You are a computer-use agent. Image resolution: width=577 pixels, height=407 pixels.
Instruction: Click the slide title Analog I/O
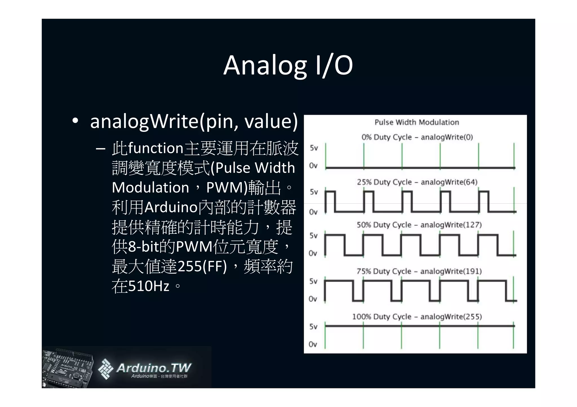point(288,65)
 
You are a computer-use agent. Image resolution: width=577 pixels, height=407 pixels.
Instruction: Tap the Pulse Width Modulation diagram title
point(416,122)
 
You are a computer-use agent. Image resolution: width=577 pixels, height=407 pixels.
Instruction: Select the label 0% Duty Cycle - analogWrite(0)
point(417,137)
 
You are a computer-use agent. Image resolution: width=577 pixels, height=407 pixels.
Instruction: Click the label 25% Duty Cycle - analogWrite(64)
point(417,182)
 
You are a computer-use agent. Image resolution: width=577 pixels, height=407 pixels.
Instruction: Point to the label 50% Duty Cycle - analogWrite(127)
point(419,225)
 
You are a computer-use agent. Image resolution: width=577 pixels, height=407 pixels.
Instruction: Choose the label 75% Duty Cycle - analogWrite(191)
point(419,271)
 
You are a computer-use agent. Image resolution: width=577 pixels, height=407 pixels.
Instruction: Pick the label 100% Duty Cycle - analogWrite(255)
point(417,317)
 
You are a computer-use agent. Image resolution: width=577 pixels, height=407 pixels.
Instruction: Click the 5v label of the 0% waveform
point(314,148)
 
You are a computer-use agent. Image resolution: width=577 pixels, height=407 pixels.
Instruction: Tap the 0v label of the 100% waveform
point(313,344)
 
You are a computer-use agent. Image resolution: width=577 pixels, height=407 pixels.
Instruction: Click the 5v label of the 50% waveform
point(313,236)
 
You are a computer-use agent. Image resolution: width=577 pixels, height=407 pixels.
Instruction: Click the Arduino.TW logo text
point(154,368)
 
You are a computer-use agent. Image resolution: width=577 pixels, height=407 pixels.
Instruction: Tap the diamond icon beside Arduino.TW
point(105,369)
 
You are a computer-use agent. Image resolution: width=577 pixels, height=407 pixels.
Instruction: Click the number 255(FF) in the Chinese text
point(202,266)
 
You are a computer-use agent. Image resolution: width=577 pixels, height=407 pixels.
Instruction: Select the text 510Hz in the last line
point(148,286)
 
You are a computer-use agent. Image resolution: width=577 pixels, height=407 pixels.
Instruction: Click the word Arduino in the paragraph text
point(171,207)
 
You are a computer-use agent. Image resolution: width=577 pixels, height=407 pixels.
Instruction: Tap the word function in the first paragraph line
point(156,148)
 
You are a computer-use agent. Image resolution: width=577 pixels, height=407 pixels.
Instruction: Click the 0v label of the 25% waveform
point(313,212)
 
